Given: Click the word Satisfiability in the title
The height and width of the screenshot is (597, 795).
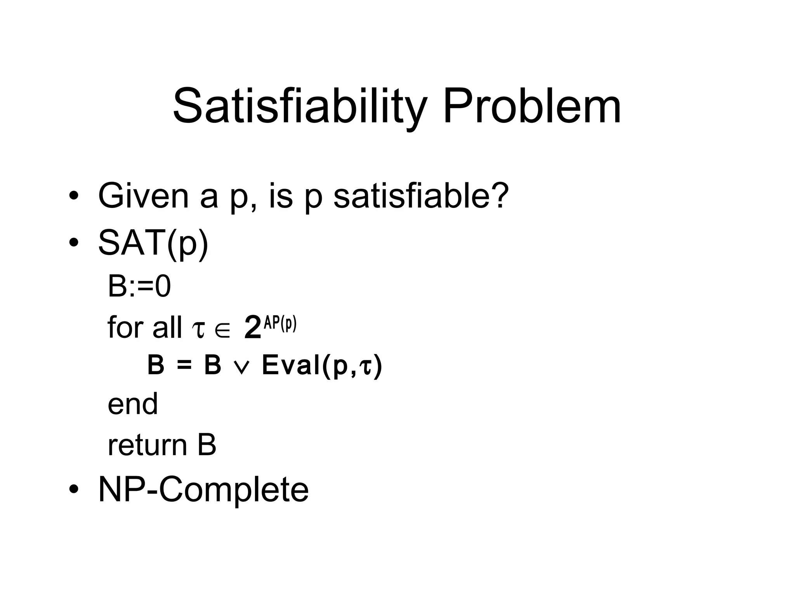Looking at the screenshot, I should [300, 106].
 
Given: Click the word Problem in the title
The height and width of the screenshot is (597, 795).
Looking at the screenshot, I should [531, 106].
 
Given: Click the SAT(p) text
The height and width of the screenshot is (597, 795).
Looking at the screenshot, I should [153, 243].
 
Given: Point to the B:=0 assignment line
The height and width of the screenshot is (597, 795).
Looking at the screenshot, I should [139, 286].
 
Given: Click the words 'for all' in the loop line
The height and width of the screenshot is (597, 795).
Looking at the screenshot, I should [144, 327].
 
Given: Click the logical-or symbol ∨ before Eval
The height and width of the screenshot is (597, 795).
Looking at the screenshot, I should [241, 367].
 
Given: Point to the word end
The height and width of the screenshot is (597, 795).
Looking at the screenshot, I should [133, 404].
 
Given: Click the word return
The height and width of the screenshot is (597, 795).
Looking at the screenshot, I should [147, 445].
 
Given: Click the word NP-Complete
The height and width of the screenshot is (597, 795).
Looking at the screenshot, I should [203, 489].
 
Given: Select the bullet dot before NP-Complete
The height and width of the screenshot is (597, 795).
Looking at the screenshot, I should [73, 490].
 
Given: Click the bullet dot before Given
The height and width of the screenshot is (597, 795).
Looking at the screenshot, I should [73, 196].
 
